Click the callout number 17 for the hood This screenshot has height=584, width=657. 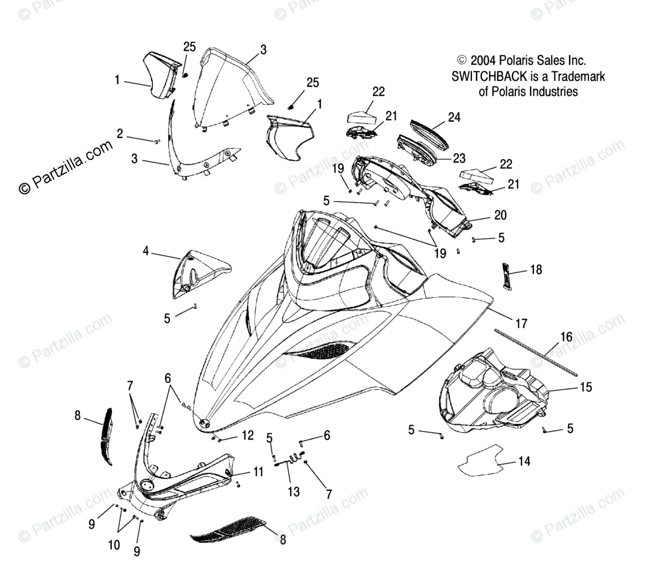[521, 324]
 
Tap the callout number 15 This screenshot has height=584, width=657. [586, 387]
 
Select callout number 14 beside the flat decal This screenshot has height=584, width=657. [524, 461]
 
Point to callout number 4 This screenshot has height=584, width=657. [146, 251]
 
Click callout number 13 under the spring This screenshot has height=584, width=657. [293, 491]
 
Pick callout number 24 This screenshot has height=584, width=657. [454, 117]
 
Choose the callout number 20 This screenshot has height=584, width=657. [500, 215]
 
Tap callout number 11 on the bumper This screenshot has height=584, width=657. [258, 472]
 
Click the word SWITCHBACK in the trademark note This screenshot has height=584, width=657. [489, 76]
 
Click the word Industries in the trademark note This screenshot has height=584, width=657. [550, 91]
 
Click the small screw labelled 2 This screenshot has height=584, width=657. [156, 140]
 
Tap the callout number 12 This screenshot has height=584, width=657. [247, 436]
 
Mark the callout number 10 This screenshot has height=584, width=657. [114, 545]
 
